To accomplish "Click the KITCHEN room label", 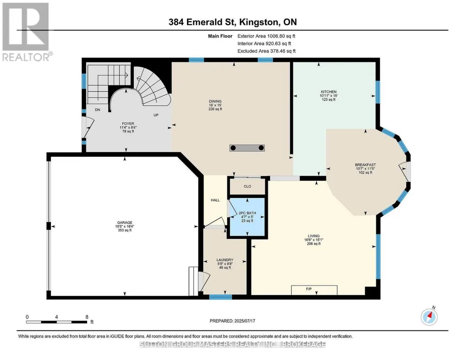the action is [x=328, y=92].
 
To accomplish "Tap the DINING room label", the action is [x=215, y=101].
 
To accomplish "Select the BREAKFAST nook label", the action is [x=365, y=165].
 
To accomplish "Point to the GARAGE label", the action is [x=125, y=222].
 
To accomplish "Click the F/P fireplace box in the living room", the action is [x=314, y=290].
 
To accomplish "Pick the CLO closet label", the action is [x=247, y=187].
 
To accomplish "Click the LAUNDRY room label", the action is [x=225, y=260].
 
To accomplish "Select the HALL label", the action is [x=215, y=200].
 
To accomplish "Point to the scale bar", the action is [x=57, y=322].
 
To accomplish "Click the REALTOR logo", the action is [x=27, y=31].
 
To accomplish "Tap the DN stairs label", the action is [x=97, y=110].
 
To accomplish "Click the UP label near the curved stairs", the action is [x=156, y=115].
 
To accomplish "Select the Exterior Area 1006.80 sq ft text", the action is [x=266, y=36].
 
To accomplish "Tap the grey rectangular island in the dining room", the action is [x=247, y=148].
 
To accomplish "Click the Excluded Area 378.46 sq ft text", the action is [x=267, y=51].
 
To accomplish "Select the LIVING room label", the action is [x=314, y=236].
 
